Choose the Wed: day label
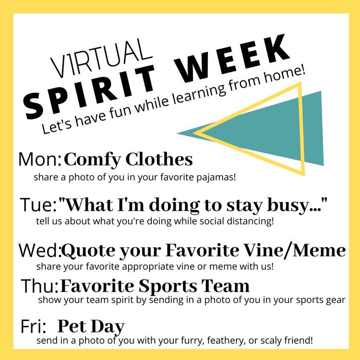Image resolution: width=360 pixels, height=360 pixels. click(40, 250)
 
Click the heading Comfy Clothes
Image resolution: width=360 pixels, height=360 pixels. click(128, 159)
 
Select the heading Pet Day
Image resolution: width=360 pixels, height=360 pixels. click(91, 326)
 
